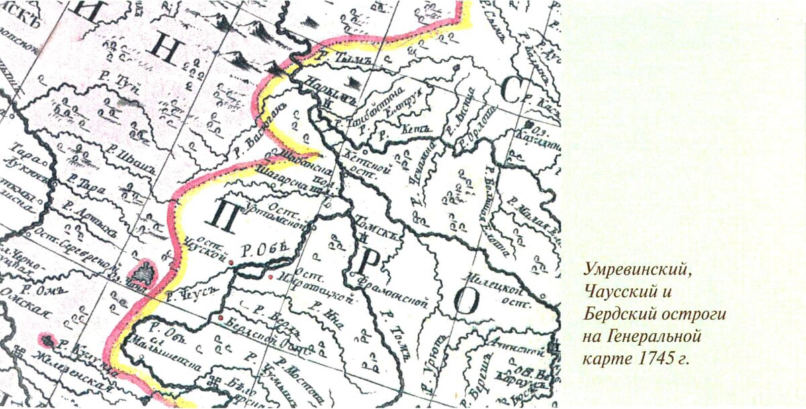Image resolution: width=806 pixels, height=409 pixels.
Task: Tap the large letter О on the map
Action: [x=465, y=302]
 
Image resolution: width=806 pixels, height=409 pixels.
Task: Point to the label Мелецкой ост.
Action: [x=499, y=292]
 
